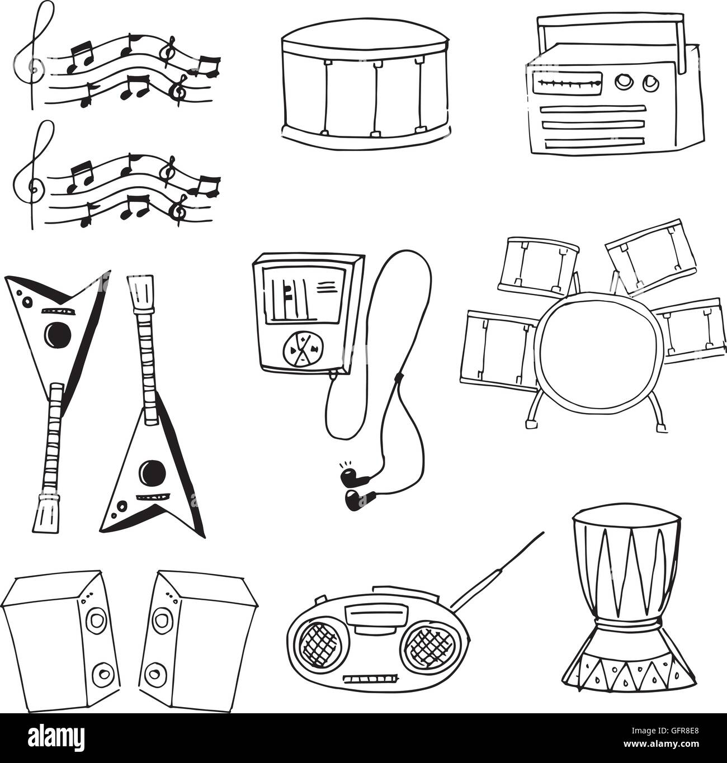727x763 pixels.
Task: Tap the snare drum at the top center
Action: coord(366,84)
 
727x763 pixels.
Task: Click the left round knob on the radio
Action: coord(622,82)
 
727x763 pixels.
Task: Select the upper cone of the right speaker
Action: coord(163,620)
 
